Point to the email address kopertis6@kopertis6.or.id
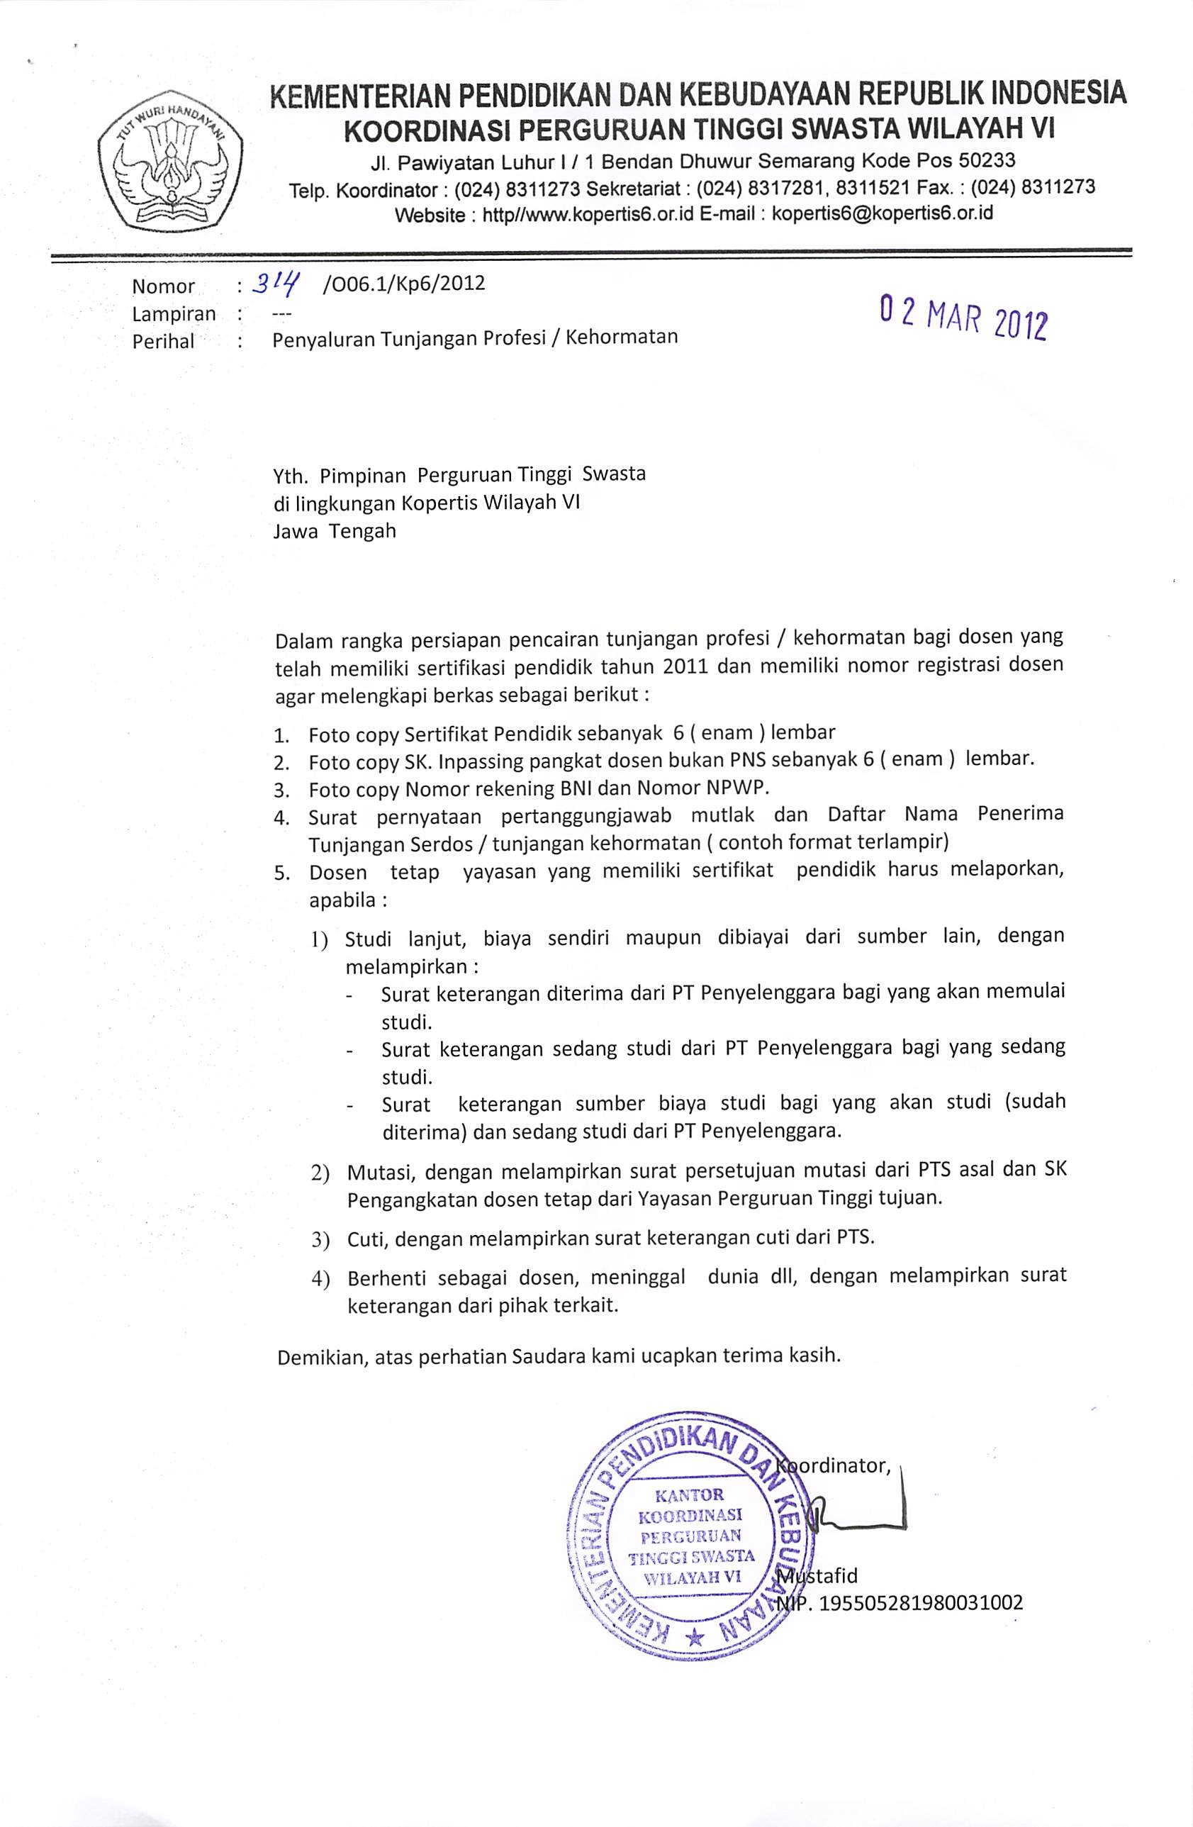click(882, 213)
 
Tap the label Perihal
click(164, 341)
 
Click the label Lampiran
click(174, 314)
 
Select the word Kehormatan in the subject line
click(622, 336)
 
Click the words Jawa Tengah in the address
click(335, 530)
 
